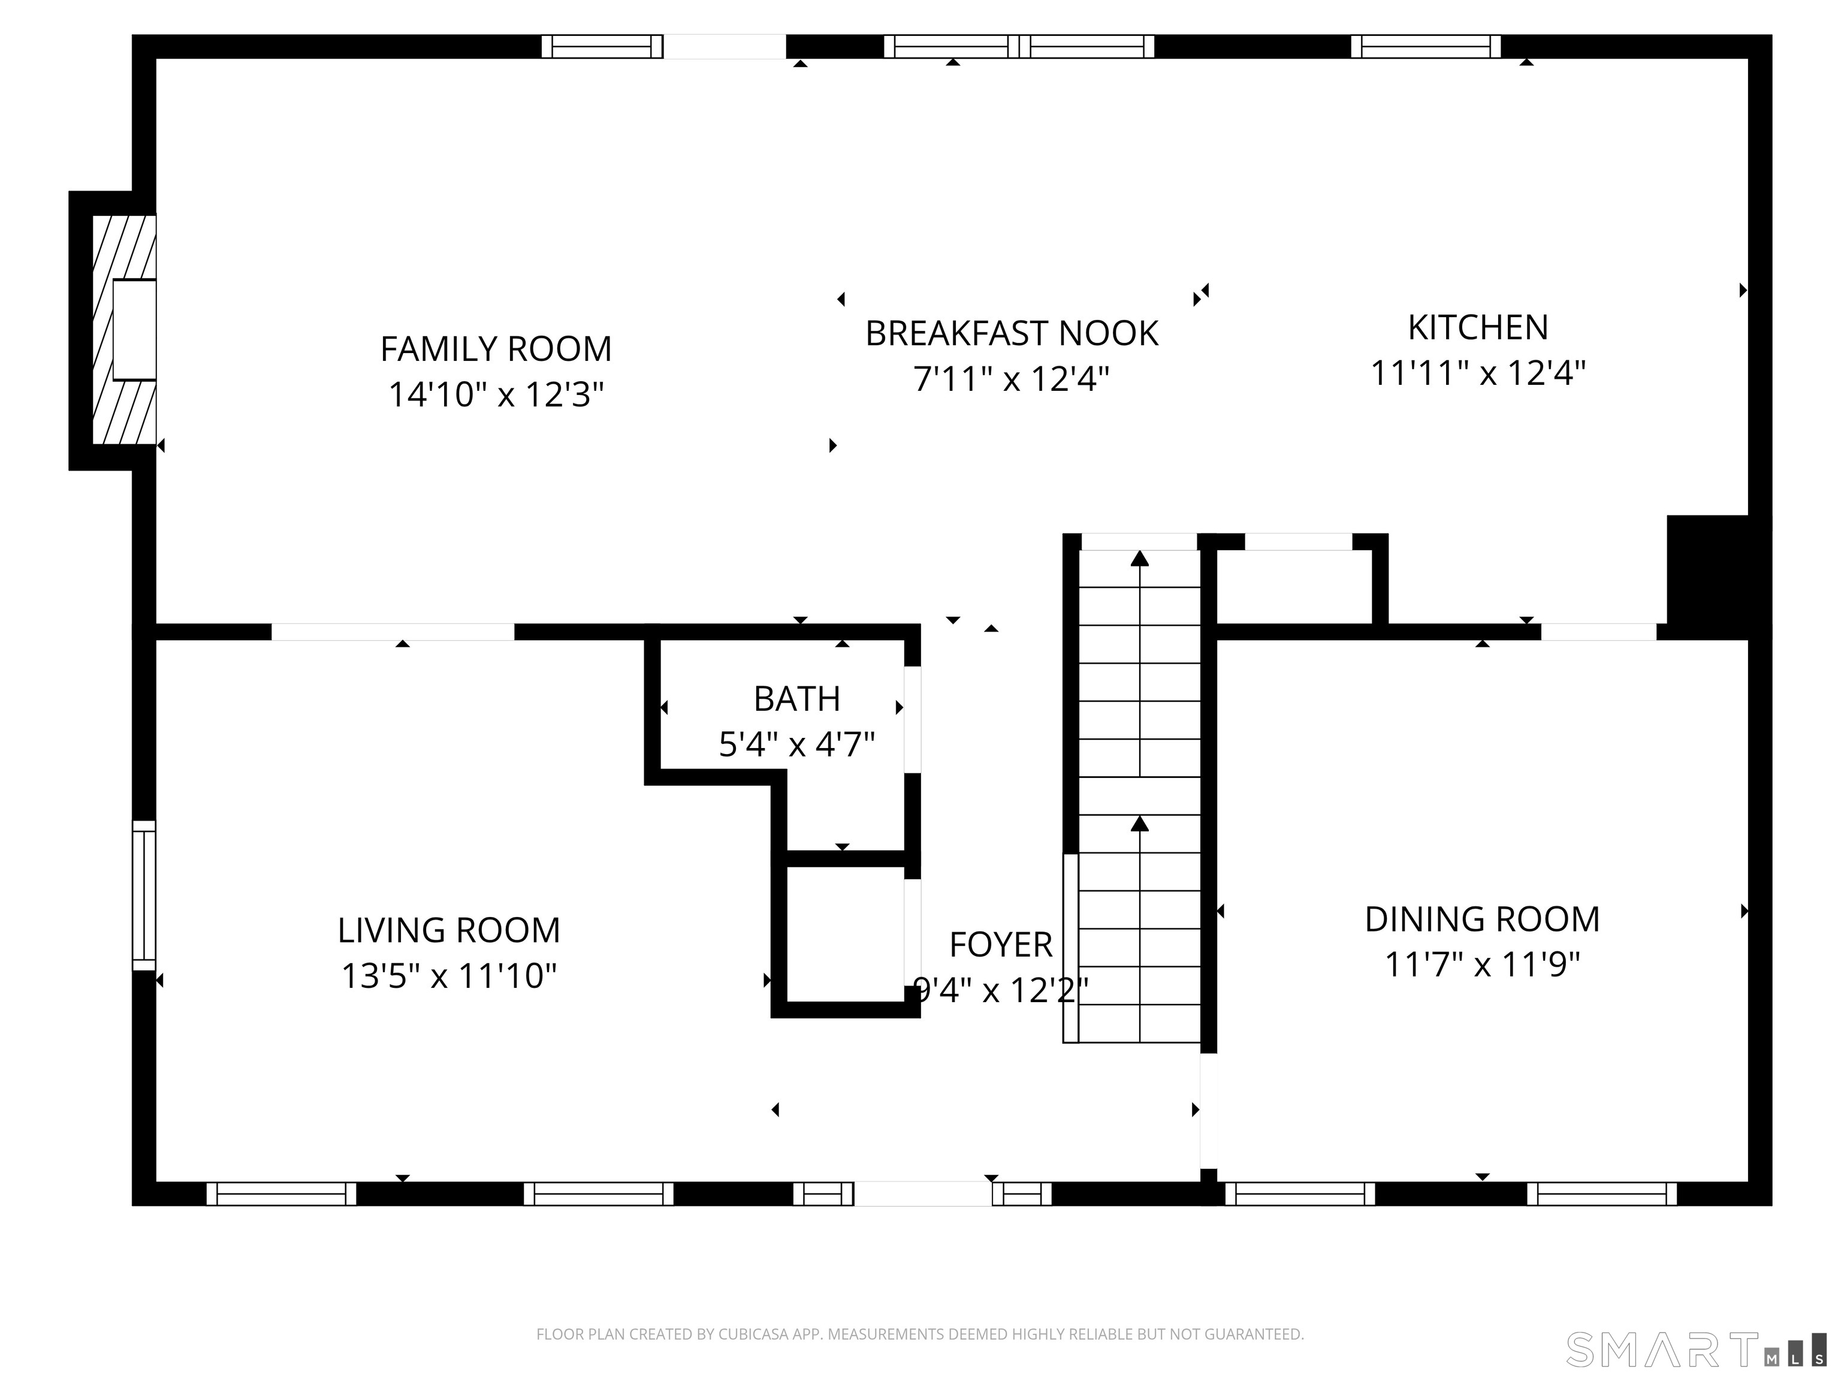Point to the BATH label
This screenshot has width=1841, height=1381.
[796, 699]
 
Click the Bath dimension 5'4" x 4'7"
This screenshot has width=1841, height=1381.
[796, 744]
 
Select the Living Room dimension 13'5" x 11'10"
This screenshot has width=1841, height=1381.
[449, 976]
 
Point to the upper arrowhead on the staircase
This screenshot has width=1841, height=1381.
[1139, 559]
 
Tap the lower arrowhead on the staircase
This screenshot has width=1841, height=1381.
[1139, 824]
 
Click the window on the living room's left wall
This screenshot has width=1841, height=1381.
[144, 895]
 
